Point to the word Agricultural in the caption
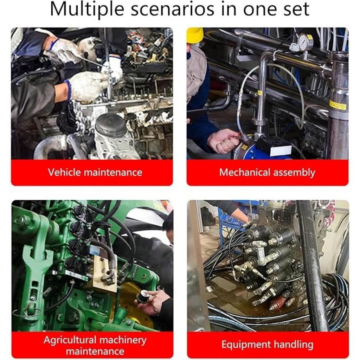(x=70, y=340)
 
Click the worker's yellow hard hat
(x=195, y=35)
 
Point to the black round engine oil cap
(x=111, y=124)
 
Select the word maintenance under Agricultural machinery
(x=95, y=352)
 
